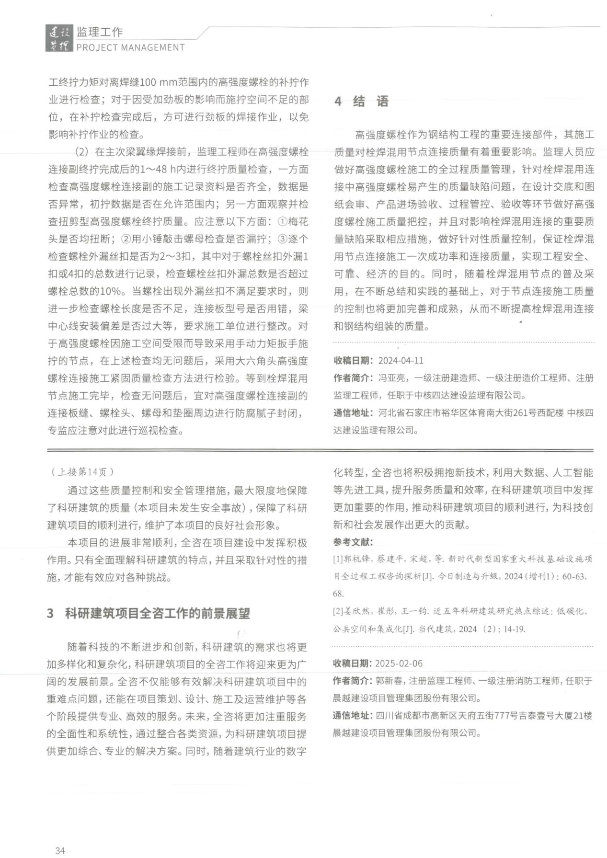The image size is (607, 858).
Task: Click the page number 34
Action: (60, 850)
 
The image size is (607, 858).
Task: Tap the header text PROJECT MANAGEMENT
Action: (130, 47)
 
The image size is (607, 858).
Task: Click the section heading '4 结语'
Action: (361, 102)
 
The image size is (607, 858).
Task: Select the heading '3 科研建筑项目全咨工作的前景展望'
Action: (149, 613)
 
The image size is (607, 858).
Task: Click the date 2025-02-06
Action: (399, 664)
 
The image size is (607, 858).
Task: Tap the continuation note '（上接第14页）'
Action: (82, 472)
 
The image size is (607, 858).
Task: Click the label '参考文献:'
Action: (353, 542)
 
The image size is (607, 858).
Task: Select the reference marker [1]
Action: (338, 559)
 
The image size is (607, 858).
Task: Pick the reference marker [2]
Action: (338, 611)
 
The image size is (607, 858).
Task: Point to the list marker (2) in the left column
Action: (82, 152)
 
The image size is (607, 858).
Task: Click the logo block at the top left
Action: (59, 39)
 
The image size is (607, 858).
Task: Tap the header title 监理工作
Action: (100, 32)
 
